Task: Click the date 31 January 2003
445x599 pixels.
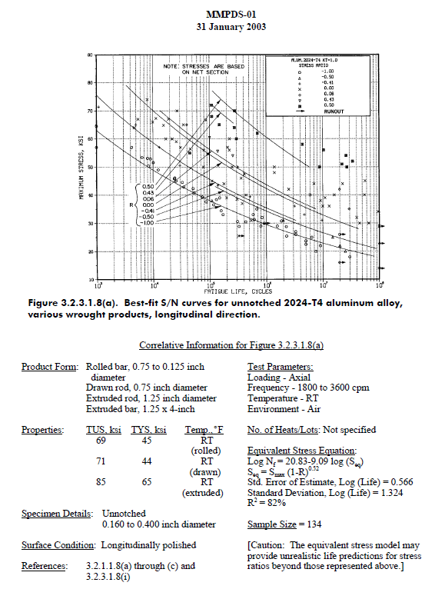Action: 222,27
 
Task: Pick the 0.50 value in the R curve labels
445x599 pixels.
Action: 148,186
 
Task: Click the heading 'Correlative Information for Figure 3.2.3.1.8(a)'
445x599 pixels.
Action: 231,346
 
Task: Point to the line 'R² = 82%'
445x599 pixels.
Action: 265,503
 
